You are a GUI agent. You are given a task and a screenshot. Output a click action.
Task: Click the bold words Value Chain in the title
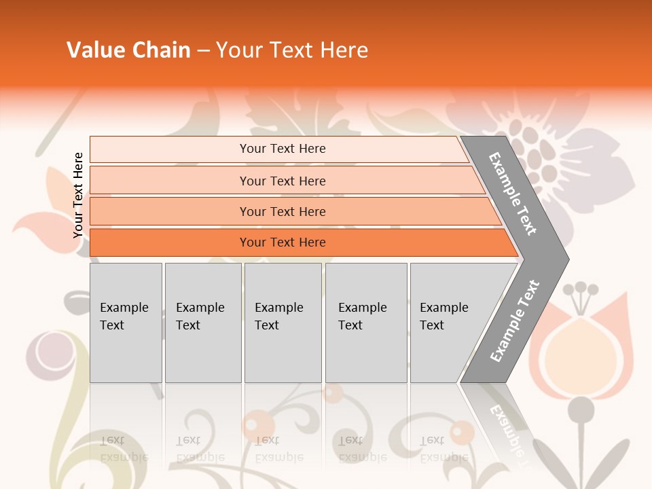[128, 50]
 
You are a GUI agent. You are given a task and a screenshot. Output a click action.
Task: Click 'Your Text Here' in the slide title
[292, 50]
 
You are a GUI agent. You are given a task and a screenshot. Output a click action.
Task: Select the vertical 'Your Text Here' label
[78, 195]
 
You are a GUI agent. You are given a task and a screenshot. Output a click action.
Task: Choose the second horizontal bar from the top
[283, 181]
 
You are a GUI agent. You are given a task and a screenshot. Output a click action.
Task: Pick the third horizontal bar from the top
[283, 211]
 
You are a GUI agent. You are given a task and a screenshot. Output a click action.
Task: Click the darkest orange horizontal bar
[283, 242]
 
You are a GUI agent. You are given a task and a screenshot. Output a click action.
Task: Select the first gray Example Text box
[126, 322]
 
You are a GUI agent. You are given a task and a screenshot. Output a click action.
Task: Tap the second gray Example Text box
[202, 322]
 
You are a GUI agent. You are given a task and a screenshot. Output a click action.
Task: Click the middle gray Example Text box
[283, 322]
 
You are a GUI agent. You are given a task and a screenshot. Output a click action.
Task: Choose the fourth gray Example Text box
[365, 322]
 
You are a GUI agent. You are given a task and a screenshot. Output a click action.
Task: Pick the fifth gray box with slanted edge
[448, 322]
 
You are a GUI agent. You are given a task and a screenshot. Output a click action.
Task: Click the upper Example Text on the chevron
[513, 194]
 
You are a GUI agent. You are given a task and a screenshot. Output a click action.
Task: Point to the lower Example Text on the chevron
[515, 321]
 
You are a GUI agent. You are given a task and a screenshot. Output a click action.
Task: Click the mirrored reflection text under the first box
[124, 449]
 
